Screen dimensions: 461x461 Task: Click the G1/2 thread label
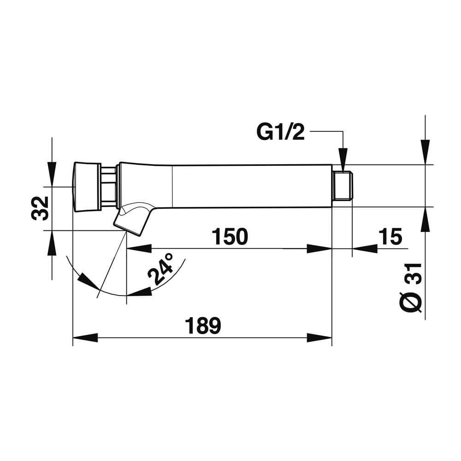point(280,133)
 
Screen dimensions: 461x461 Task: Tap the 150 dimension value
point(230,236)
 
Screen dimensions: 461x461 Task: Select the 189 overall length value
point(202,325)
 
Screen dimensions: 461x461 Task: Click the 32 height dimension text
point(40,208)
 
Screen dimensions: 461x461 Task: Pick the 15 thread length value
point(390,236)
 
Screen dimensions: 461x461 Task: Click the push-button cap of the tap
point(87,187)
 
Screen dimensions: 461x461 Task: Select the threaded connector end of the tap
point(343,186)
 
